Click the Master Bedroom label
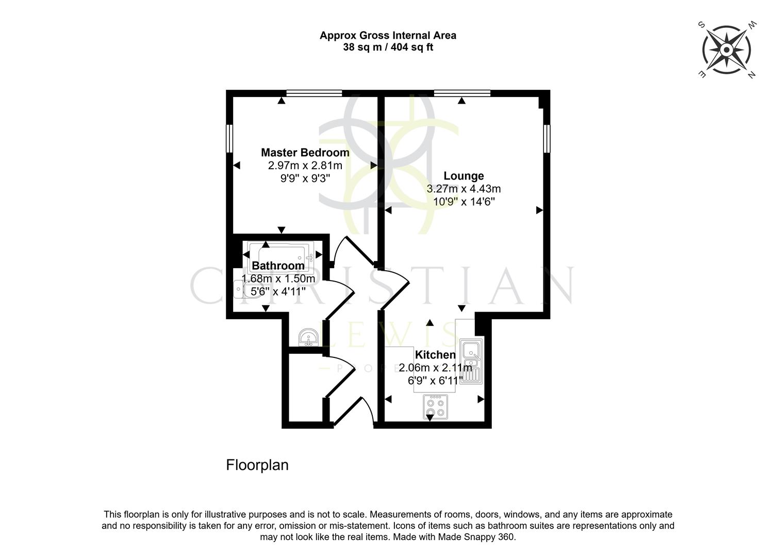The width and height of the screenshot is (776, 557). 305,153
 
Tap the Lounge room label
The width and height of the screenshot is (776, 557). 464,176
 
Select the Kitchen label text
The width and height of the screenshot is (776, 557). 435,355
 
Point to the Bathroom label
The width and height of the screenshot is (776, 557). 278,266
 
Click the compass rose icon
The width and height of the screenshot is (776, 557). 726,50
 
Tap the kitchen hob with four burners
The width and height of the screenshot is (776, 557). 434,406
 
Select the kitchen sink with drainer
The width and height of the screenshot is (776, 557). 472,363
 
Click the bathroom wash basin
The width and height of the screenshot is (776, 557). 309,337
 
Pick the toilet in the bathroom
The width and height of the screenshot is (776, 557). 240,289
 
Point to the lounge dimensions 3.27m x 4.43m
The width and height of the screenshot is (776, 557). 464,189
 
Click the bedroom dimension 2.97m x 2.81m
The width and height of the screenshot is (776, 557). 305,166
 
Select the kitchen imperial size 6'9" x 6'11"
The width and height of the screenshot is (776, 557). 435,381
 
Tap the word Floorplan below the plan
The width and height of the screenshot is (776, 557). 257,465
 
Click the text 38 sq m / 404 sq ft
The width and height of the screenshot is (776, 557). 388,47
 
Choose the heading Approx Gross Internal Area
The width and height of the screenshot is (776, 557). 388,36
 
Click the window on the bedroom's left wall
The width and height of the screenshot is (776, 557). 230,138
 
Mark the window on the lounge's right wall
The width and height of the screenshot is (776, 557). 548,138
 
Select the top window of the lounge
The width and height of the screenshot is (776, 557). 462,93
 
